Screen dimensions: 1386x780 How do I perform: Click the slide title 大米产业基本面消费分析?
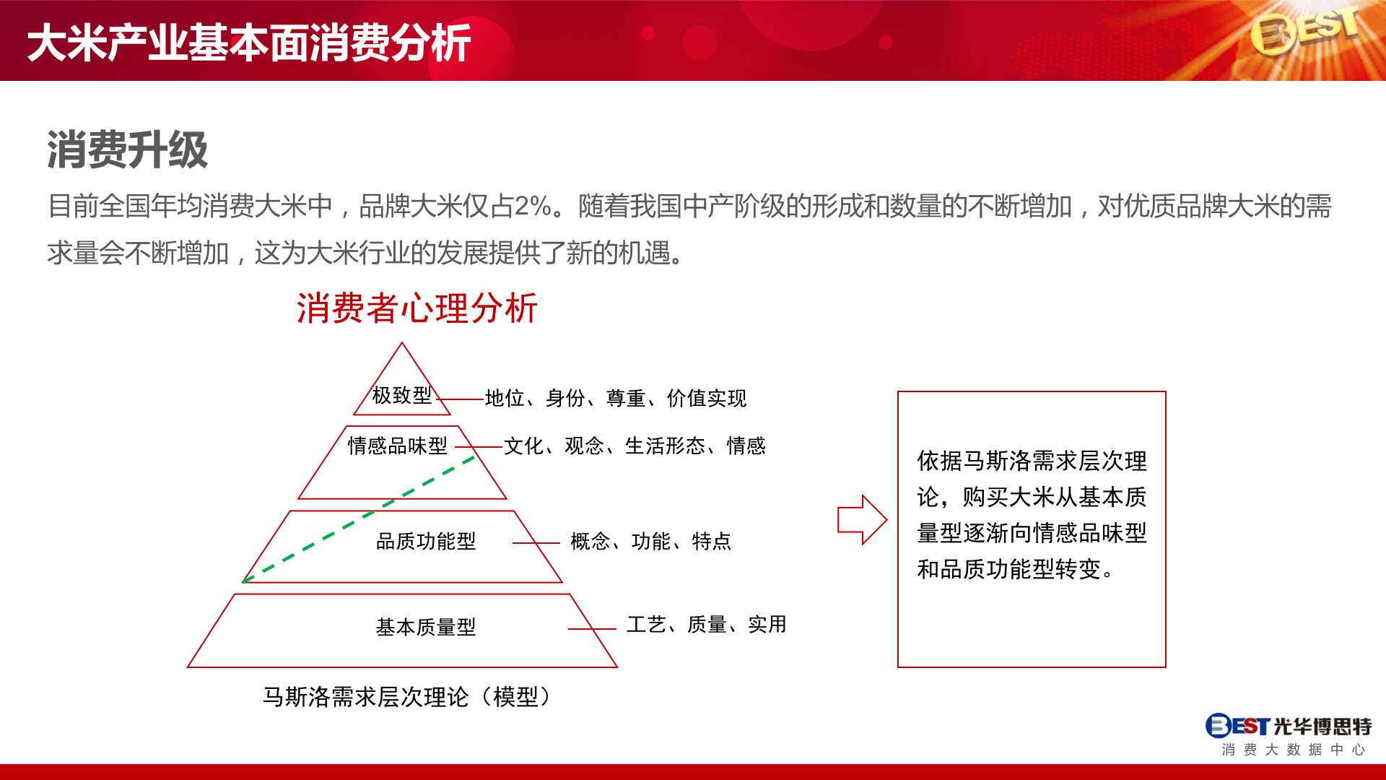pos(249,43)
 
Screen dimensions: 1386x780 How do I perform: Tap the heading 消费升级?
pos(128,150)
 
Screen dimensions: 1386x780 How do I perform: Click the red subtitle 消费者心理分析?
pos(417,308)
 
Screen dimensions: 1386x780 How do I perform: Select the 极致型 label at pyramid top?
pos(402,395)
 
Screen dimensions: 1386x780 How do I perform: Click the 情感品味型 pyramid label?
pos(398,446)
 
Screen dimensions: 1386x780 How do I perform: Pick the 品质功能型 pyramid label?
pos(426,541)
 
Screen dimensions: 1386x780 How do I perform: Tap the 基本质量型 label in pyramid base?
pos(426,627)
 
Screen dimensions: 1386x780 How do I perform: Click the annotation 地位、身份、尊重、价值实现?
pos(616,398)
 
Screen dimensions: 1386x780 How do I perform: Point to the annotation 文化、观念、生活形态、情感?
pos(635,446)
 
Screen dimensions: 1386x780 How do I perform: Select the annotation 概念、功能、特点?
pos(651,541)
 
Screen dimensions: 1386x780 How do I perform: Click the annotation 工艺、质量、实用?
pos(707,624)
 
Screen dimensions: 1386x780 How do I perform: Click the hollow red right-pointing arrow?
pos(862,519)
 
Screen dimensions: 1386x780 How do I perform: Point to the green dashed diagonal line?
pos(359,519)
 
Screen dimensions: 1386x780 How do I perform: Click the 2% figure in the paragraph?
pos(533,207)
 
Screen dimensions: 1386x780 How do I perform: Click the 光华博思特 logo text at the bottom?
pos(1322,726)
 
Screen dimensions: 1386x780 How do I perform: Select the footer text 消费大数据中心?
pos(1294,750)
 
